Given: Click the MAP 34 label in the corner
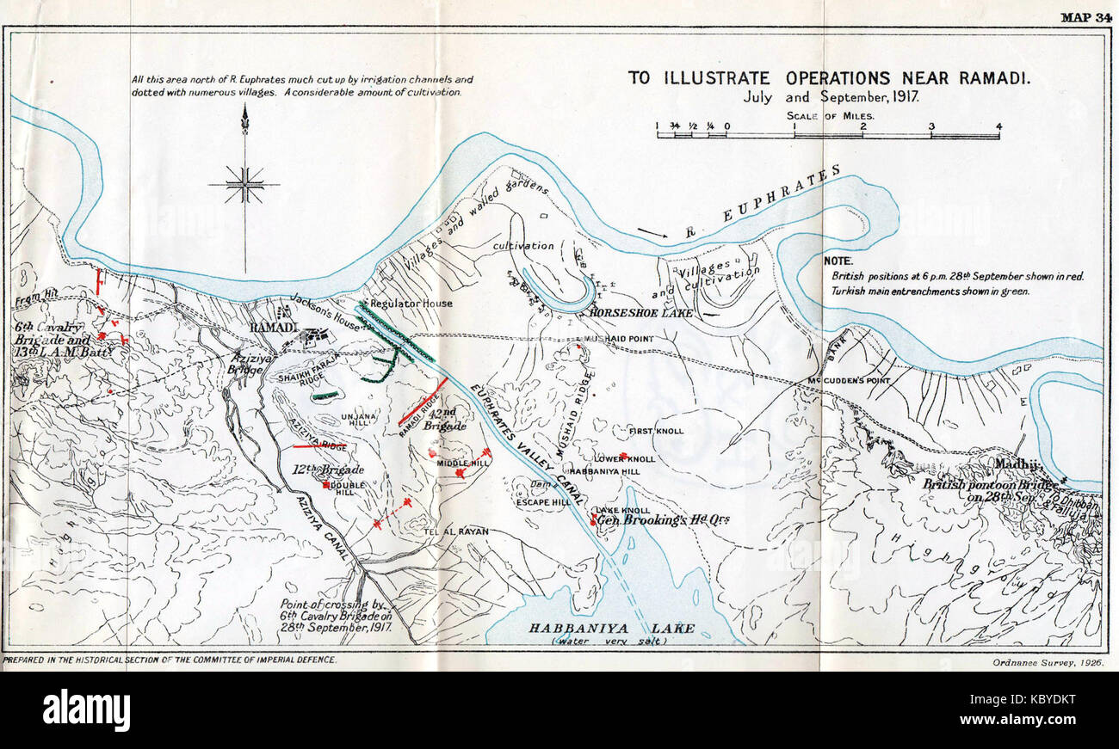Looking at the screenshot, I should pyautogui.click(x=1086, y=17).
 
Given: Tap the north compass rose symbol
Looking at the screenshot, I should pyautogui.click(x=245, y=183).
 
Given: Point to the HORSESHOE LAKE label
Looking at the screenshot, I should pyautogui.click(x=641, y=313).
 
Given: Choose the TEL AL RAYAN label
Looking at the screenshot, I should pyautogui.click(x=456, y=531).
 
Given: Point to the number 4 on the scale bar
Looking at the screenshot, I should pyautogui.click(x=998, y=126).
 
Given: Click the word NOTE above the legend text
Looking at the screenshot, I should pyautogui.click(x=838, y=260).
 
